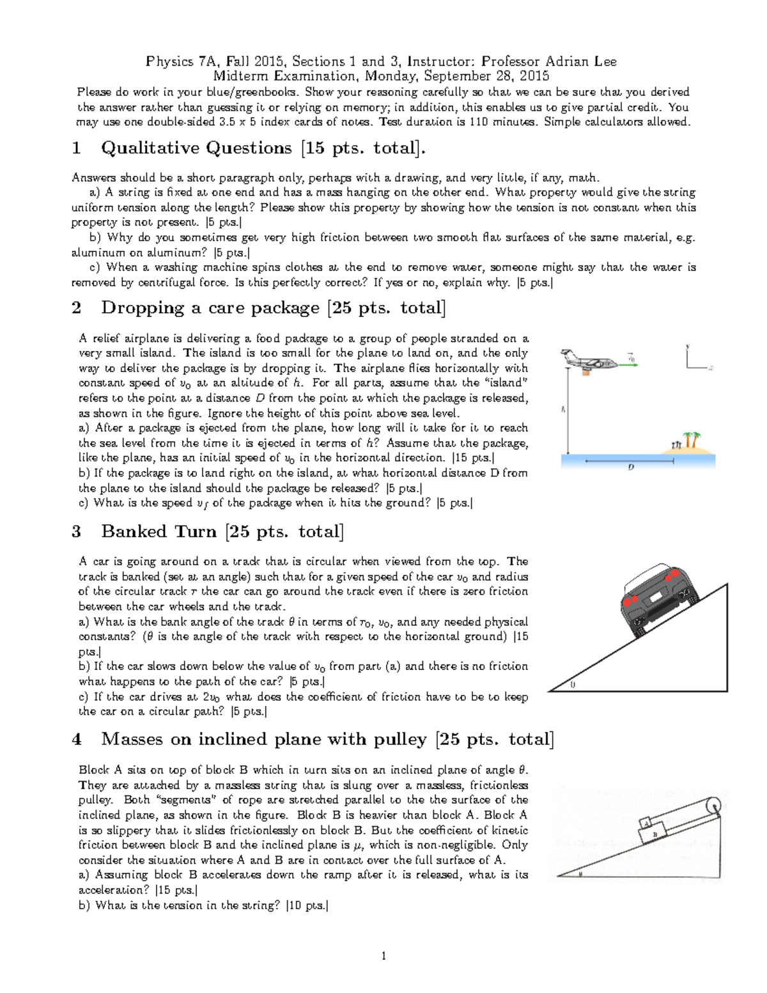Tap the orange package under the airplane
(x=584, y=373)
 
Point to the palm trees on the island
(x=690, y=440)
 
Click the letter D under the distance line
(x=631, y=467)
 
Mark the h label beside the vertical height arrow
(x=562, y=409)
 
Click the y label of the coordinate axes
(x=688, y=347)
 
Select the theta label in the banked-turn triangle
(x=572, y=685)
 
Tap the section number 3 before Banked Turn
(x=77, y=531)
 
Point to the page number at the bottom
(x=383, y=957)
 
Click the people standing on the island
(x=675, y=444)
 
